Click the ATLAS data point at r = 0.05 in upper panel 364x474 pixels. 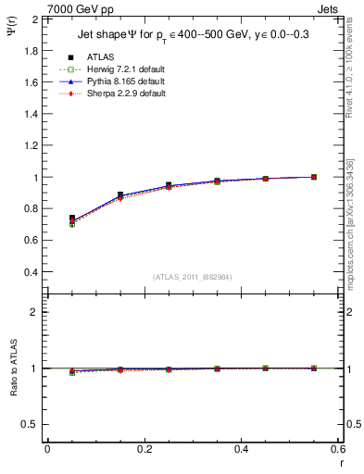pyautogui.click(x=72, y=218)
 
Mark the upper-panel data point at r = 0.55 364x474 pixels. pyautogui.click(x=314, y=177)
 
